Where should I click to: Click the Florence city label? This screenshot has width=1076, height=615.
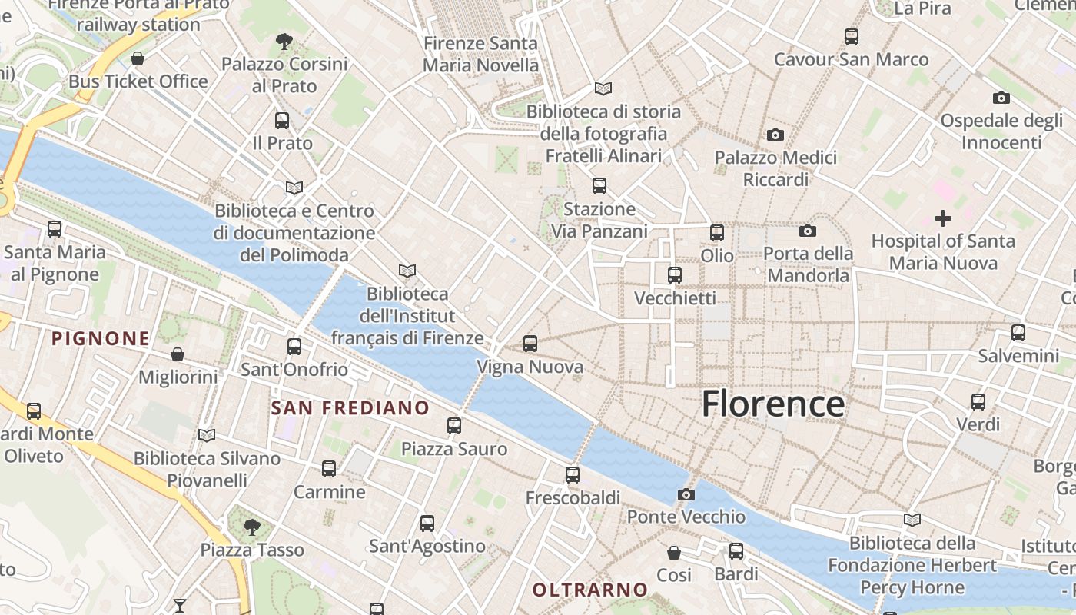772,404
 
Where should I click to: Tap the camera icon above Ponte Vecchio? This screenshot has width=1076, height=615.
686,494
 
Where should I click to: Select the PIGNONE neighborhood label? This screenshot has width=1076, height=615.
101,338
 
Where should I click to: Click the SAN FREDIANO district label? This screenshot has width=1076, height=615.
350,407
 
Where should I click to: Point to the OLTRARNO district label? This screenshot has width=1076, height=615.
590,590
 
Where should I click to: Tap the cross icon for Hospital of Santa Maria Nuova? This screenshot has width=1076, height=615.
943,218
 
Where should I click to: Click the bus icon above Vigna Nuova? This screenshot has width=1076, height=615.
530,344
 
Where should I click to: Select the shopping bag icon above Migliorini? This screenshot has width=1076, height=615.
178,354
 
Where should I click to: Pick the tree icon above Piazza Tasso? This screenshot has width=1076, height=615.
251,527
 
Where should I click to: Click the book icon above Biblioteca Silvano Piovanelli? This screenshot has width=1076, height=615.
207,436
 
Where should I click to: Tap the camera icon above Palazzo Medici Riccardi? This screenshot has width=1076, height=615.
775,135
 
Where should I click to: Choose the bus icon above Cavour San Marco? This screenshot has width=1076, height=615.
851,37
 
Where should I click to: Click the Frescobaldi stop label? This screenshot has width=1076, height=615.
573,498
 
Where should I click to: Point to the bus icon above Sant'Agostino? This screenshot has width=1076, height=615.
427,524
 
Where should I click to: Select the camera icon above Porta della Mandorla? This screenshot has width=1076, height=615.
808,231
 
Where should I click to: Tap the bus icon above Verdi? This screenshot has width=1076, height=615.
978,401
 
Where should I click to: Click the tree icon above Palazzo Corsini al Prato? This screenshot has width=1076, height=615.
284,41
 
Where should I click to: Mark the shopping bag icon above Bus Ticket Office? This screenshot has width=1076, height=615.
138,58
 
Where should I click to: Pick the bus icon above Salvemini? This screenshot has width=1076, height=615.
1018,333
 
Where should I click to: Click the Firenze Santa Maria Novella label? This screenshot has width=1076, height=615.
481,55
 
